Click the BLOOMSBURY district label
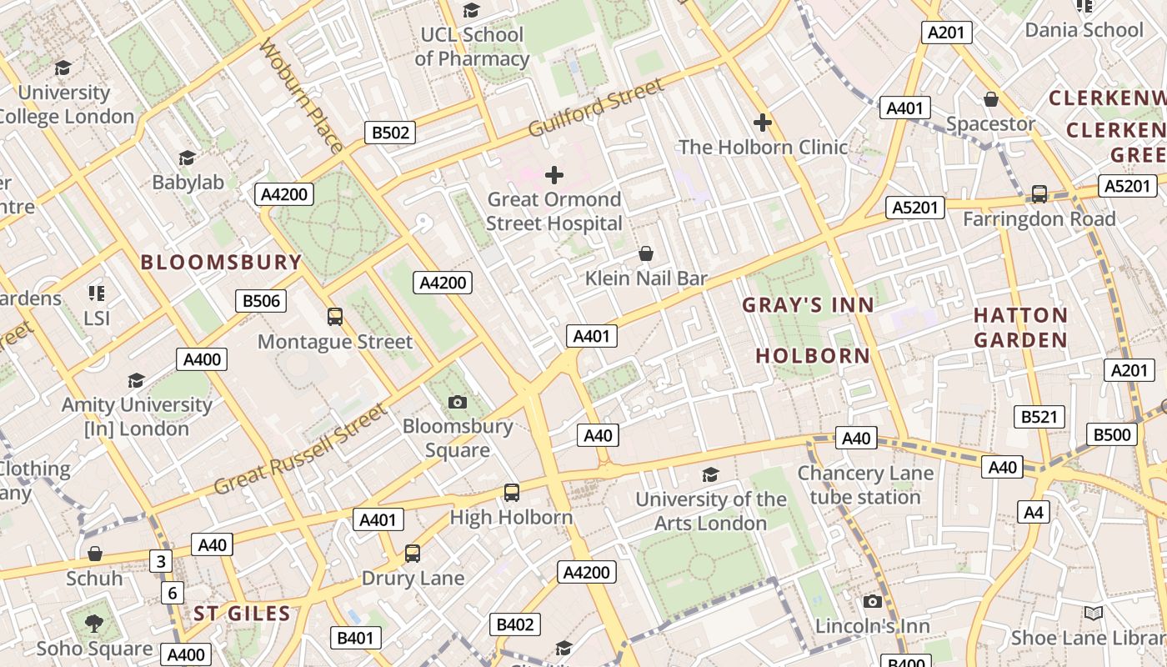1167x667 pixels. tap(221, 263)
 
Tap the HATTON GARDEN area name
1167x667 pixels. tap(1020, 328)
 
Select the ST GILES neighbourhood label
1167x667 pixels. tap(242, 614)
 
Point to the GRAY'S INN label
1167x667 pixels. tap(808, 305)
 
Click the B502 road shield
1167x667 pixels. tap(390, 133)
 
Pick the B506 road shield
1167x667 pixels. tap(261, 301)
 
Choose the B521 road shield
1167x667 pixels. tap(1039, 417)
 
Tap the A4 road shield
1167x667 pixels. tap(1034, 512)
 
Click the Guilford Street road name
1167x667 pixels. tap(597, 108)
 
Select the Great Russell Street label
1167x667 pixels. tap(301, 450)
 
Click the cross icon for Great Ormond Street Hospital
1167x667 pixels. tap(554, 175)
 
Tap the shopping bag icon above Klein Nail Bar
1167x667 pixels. tap(645, 253)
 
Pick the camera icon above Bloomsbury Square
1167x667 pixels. tap(457, 403)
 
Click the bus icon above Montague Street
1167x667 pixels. tap(335, 317)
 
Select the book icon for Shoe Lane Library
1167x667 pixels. tap(1093, 614)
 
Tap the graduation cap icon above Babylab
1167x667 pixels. tap(188, 158)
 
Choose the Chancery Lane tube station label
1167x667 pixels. tap(865, 485)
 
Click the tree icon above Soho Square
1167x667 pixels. tap(94, 623)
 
